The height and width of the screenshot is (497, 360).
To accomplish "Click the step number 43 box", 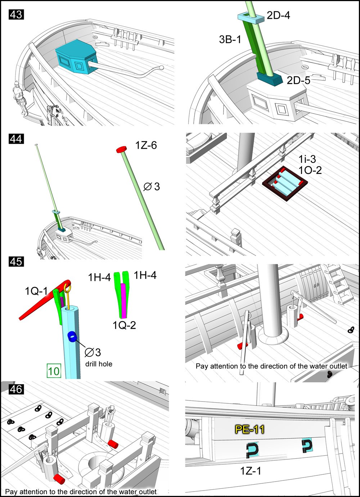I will point(16,15).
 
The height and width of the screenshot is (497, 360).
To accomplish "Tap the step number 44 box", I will point(16,139).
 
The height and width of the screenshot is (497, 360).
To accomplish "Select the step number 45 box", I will point(16,261).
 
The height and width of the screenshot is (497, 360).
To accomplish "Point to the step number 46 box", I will point(16,389).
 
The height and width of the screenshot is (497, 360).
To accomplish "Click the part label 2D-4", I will point(278,15).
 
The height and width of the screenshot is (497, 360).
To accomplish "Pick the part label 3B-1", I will point(230,39).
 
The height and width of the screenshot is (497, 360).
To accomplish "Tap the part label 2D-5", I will point(298,80).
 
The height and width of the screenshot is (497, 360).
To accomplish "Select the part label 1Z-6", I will point(146,145).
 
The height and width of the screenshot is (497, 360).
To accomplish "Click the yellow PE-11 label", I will point(249,429).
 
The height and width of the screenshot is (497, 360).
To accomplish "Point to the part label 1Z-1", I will point(251,470).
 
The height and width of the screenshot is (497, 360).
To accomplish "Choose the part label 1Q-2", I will point(124,325).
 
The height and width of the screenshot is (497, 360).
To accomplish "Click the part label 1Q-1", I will point(36,291).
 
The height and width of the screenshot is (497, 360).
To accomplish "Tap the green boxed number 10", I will point(54,371).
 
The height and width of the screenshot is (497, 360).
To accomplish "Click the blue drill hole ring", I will point(72,337).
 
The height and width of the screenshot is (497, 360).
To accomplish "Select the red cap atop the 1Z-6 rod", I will point(121,149).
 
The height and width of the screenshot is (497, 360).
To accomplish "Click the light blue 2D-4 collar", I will point(248,18).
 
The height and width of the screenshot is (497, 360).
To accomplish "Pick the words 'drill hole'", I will point(99,364).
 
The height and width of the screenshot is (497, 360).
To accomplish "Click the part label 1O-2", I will point(310,170).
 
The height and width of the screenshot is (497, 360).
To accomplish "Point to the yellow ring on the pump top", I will point(67,287).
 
